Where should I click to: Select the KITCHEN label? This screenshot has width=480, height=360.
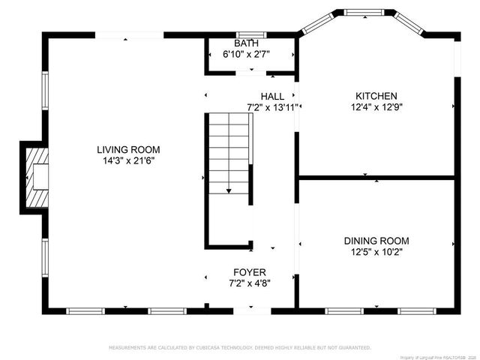(x=376, y=96)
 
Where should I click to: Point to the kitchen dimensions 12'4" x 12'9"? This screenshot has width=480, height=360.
(x=376, y=106)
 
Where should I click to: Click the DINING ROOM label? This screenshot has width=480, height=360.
(x=376, y=241)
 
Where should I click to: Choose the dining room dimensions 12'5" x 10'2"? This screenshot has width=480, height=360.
(x=376, y=251)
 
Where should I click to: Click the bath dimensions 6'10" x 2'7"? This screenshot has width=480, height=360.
(x=245, y=54)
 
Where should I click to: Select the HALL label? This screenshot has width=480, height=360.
(x=272, y=96)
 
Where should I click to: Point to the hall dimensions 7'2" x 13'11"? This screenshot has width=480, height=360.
(x=272, y=106)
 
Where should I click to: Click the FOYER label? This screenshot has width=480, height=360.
(x=250, y=272)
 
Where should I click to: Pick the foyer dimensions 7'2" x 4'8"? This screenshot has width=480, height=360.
(x=250, y=283)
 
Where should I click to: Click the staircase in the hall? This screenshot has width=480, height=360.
(x=229, y=154)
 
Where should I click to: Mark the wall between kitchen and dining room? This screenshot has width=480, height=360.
(x=376, y=177)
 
